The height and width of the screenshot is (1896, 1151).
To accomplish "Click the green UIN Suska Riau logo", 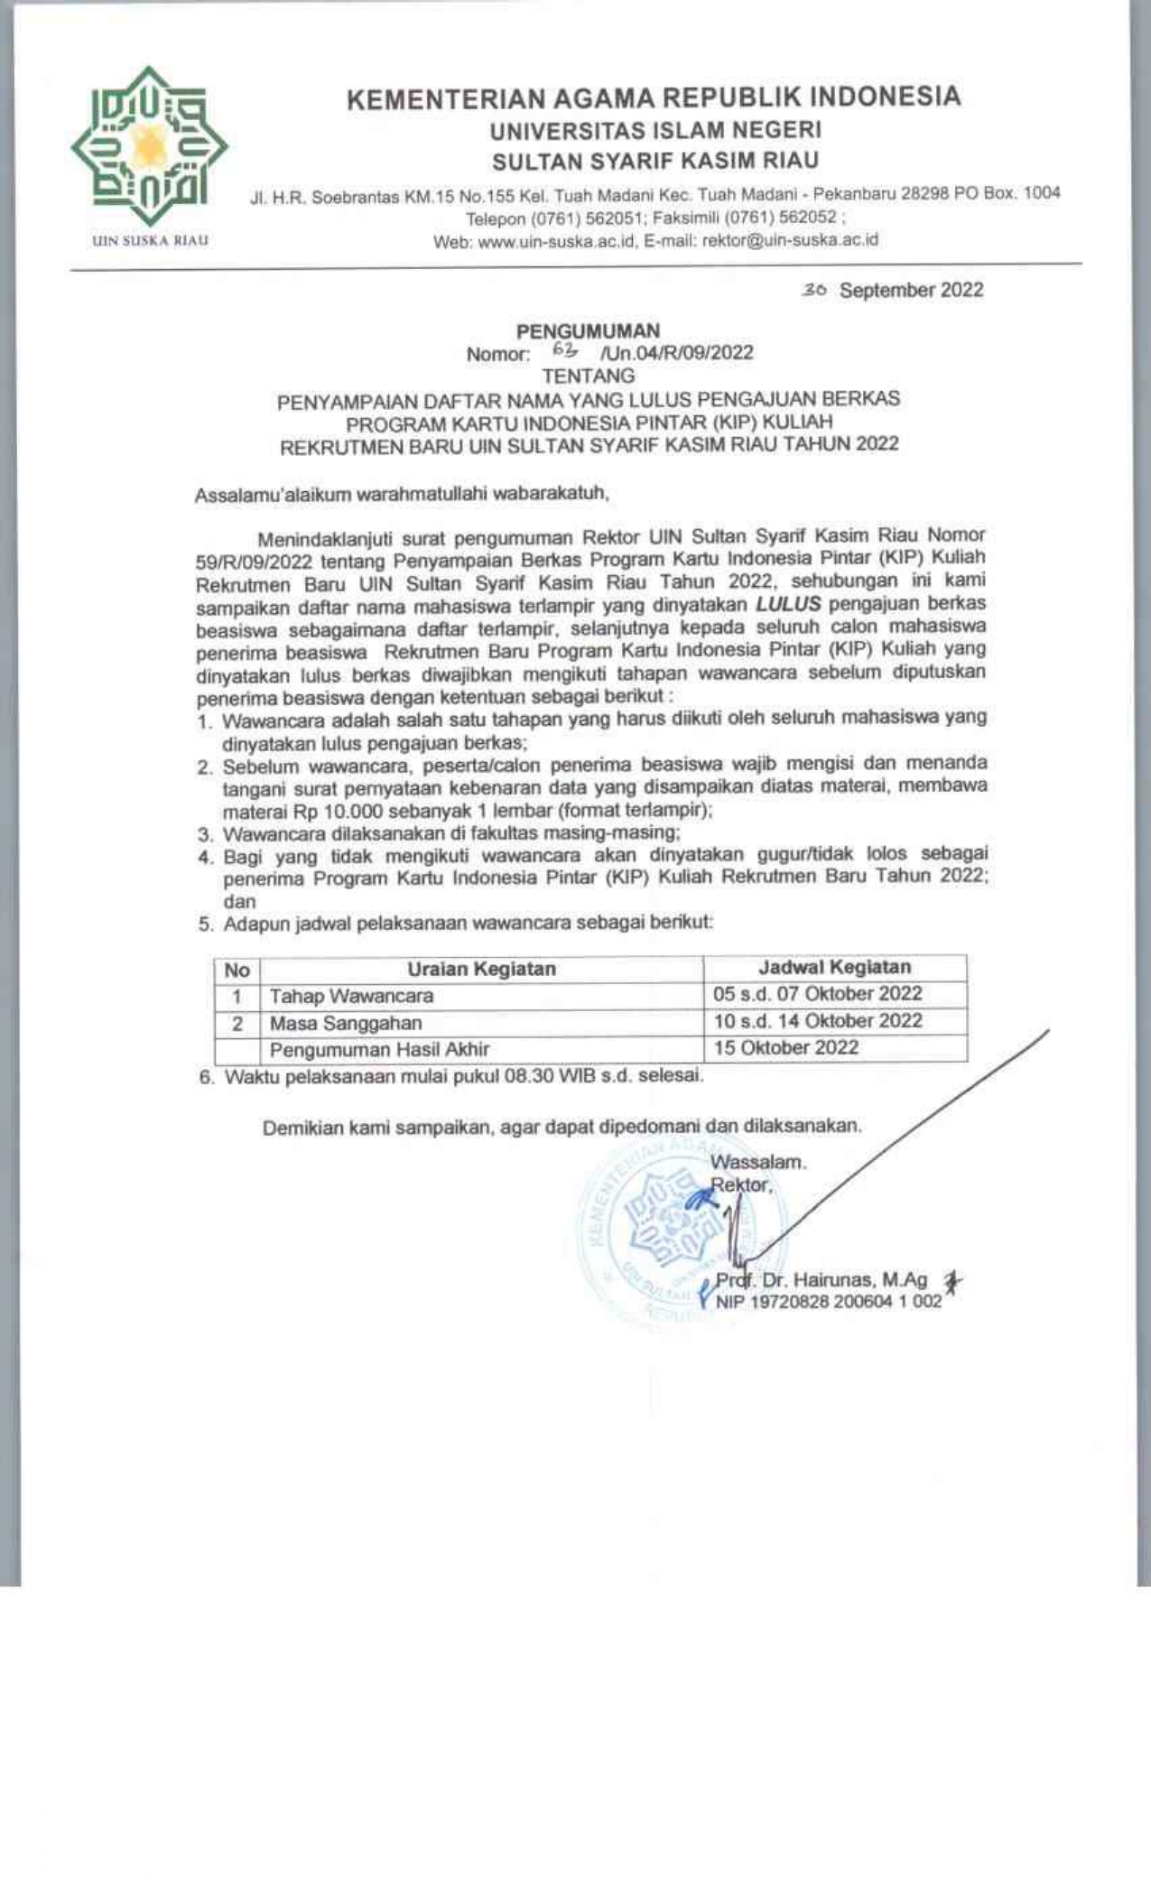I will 149,146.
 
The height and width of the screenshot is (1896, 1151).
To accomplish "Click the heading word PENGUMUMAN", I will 588,330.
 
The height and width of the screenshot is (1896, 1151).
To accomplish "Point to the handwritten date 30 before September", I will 814,290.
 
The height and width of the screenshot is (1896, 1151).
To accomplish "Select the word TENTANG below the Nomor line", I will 588,376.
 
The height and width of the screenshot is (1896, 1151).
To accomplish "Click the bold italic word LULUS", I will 788,603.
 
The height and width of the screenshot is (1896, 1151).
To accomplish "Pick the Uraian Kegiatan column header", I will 481,969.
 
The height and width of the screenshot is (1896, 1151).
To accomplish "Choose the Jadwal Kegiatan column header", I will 834,967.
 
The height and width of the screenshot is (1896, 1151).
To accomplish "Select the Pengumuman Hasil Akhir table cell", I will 379,1049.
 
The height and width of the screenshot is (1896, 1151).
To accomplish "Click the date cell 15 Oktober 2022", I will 785,1047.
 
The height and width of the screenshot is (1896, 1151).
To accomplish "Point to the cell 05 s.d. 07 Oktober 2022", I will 817,994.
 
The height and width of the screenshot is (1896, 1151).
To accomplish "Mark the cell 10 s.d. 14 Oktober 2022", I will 817,1021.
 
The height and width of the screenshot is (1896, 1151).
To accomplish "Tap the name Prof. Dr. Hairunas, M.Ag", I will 821,1280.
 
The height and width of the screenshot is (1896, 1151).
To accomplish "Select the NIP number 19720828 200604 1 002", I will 829,1302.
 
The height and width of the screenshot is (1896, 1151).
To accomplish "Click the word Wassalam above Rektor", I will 758,1162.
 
